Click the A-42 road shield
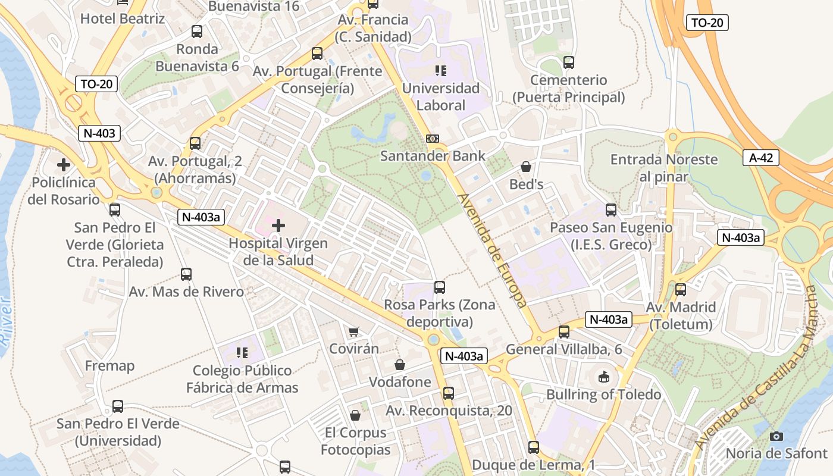coord(761,158)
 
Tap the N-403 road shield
coord(99,133)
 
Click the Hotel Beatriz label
coord(123,18)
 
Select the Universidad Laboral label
coord(441,97)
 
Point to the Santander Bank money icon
coord(433,139)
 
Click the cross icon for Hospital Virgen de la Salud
coord(278,226)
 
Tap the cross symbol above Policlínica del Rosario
coord(64,164)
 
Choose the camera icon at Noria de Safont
coord(776,436)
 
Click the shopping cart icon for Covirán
coord(354,331)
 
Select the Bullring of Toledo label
coord(604,394)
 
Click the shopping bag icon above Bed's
coord(526,167)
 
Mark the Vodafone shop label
coord(400,382)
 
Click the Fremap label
coord(109,365)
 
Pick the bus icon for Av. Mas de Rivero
coord(186,274)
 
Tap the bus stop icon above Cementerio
coord(569,62)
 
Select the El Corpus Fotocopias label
coord(355,441)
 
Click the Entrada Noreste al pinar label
coord(664,168)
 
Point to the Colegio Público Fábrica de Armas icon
coord(242,353)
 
